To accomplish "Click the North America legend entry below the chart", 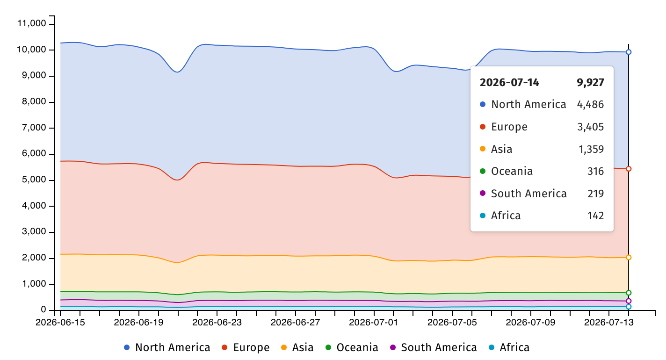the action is point(167,347).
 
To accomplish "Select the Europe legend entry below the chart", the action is point(246,347).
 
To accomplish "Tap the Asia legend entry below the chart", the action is point(297,347).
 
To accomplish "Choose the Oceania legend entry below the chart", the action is point(352,347).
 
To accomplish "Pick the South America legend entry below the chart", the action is point(433,347).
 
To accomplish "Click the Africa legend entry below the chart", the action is point(509,347).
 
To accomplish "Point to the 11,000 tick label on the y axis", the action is point(32,23).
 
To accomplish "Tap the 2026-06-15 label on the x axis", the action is point(60,322).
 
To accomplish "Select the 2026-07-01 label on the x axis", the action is point(373,322).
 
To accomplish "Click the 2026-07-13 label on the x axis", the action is point(608,322).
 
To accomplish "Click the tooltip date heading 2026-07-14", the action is point(509,82).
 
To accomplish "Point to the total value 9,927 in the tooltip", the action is point(590,82).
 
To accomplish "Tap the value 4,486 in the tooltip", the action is point(590,104).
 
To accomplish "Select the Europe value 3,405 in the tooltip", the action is point(591,127).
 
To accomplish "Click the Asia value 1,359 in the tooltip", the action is point(591,149).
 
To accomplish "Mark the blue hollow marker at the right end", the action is point(629,52).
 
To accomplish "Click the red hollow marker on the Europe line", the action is point(629,169).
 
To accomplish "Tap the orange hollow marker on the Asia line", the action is point(629,258).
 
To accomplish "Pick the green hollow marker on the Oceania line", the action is point(629,293).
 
